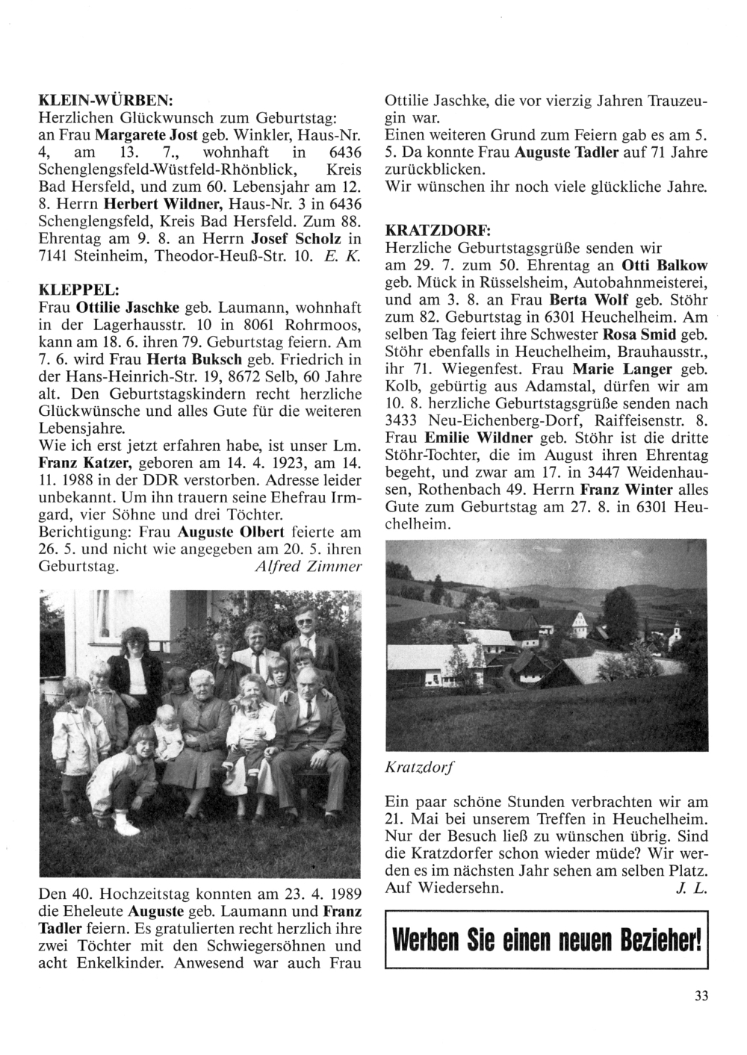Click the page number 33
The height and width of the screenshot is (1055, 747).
pyautogui.click(x=700, y=995)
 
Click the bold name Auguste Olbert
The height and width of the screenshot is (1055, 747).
pyautogui.click(x=215, y=533)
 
